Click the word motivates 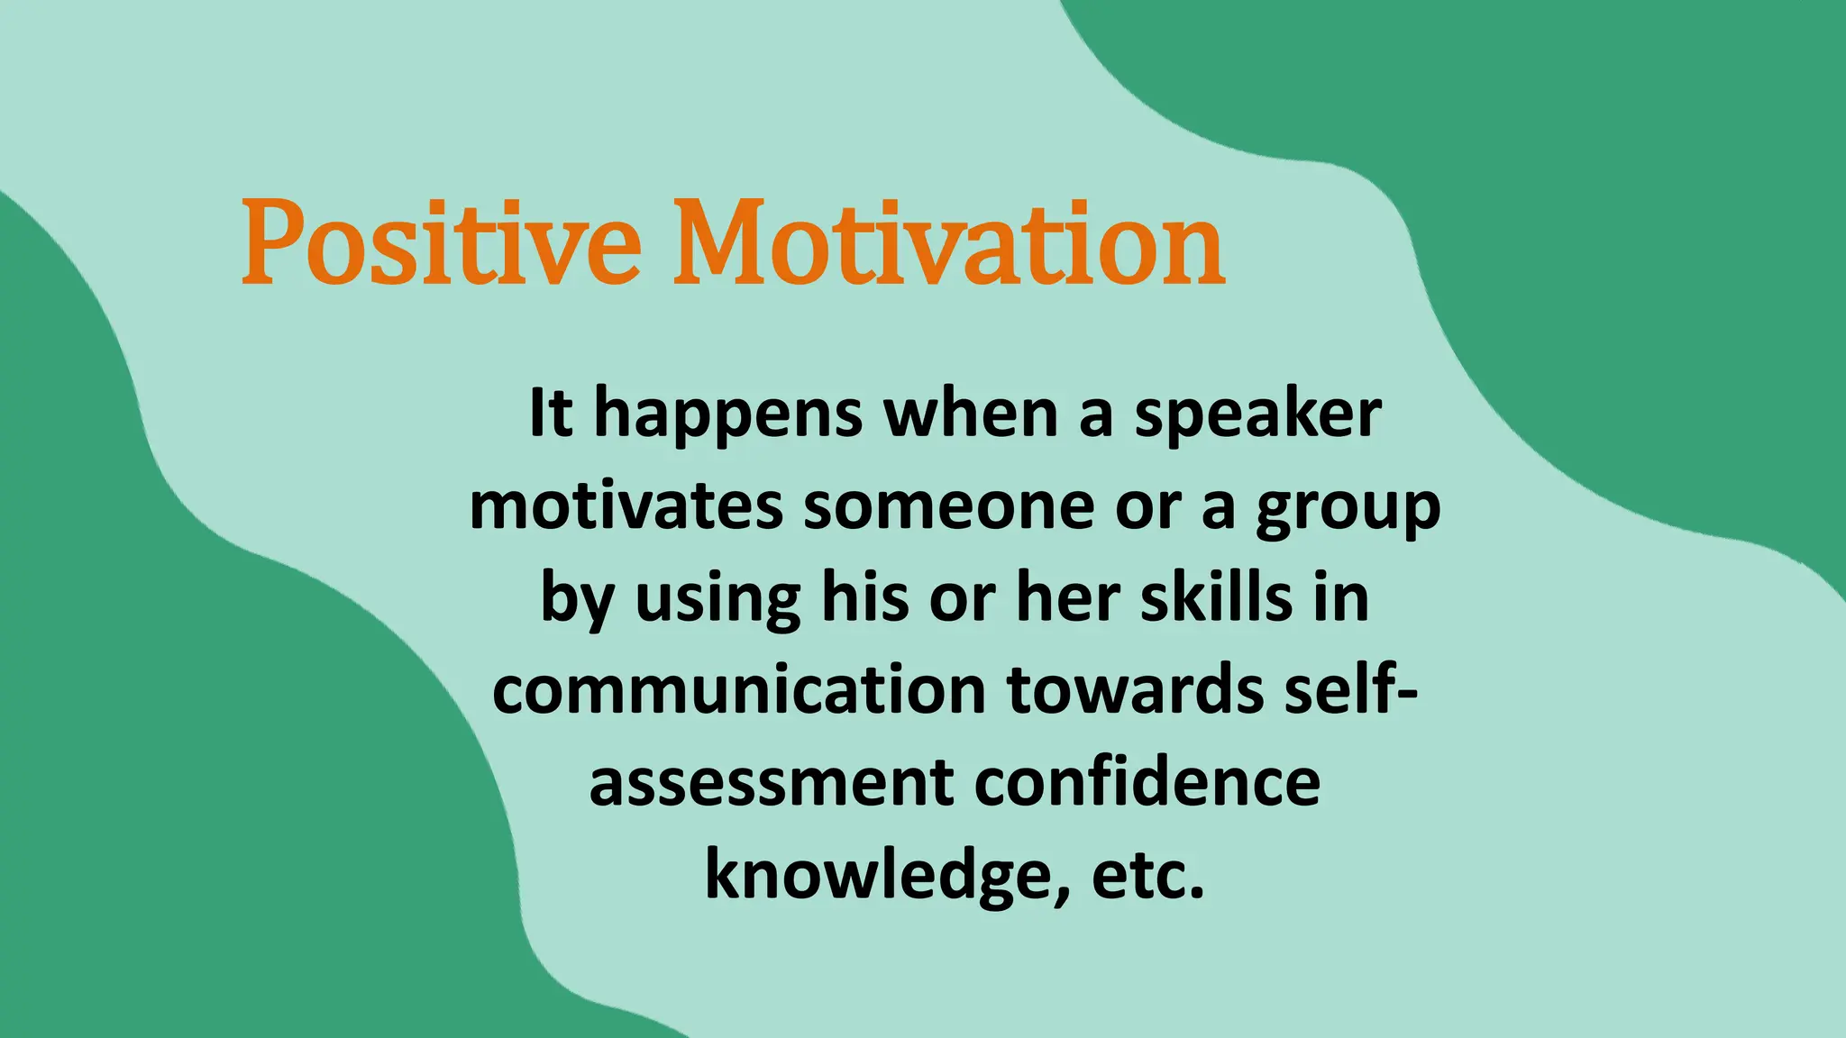point(626,506)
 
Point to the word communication point(739,690)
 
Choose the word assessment point(771,782)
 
